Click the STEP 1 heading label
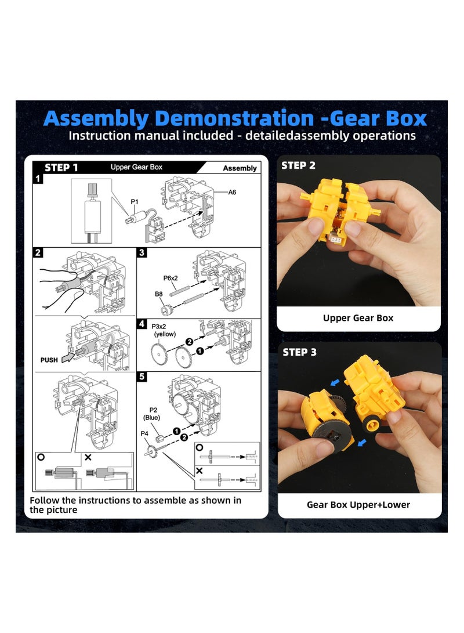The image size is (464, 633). [x=61, y=168]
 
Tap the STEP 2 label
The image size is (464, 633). [x=298, y=165]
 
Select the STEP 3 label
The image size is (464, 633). [x=299, y=352]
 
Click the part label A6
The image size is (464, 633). [x=232, y=192]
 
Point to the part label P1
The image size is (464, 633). [x=135, y=201]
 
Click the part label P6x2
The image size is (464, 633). [x=171, y=278]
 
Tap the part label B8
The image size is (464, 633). [x=158, y=294]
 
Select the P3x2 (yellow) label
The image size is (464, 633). [x=164, y=330]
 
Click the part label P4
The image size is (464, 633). [x=144, y=433]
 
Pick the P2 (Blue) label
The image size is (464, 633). [x=153, y=414]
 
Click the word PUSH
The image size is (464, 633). [x=49, y=360]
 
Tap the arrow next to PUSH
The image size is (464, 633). [x=68, y=357]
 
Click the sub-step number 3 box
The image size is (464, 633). [x=142, y=253]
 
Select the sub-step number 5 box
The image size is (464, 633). [x=142, y=377]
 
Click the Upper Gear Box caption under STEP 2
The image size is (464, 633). [x=358, y=318]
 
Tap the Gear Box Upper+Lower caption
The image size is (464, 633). [x=358, y=505]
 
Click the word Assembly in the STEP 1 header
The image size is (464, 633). [x=240, y=168]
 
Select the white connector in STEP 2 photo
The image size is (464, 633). [x=335, y=240]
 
